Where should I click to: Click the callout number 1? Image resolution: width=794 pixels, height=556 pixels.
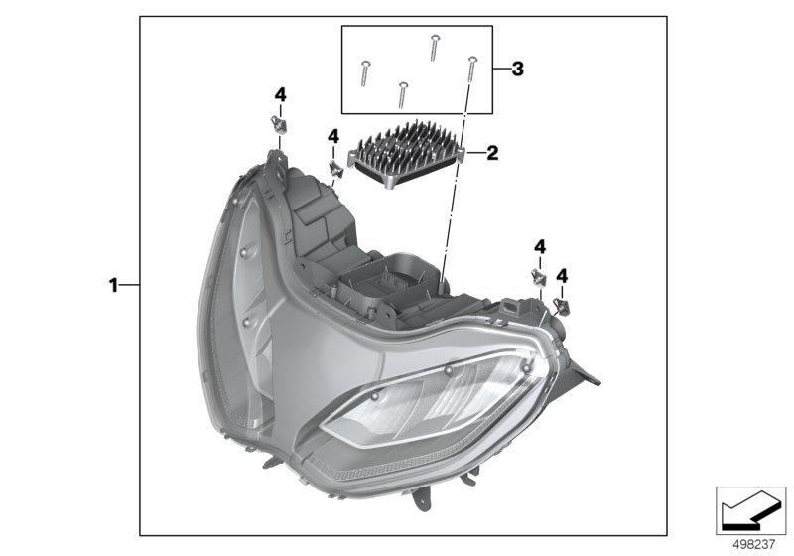(x=113, y=285)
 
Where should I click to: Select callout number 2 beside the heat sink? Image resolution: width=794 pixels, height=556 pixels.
(x=492, y=154)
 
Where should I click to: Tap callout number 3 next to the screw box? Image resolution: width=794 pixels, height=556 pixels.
(x=517, y=69)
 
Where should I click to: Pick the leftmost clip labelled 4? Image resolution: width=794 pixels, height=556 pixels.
(x=279, y=125)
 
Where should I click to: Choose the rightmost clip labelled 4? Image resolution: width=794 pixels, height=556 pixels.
(x=562, y=306)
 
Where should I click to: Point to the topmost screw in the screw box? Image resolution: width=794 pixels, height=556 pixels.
(x=435, y=45)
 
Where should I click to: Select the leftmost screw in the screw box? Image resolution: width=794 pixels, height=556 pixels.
(x=366, y=70)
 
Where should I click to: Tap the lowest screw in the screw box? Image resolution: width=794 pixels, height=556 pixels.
(x=401, y=93)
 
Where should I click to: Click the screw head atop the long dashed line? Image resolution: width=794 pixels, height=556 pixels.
(x=472, y=63)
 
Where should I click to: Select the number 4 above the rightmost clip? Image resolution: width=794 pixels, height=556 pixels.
(x=562, y=275)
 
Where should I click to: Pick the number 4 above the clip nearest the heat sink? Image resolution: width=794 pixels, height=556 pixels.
(x=333, y=136)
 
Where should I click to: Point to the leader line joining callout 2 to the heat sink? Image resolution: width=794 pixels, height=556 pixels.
(x=472, y=154)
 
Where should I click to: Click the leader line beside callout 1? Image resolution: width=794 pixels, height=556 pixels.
(x=130, y=285)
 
